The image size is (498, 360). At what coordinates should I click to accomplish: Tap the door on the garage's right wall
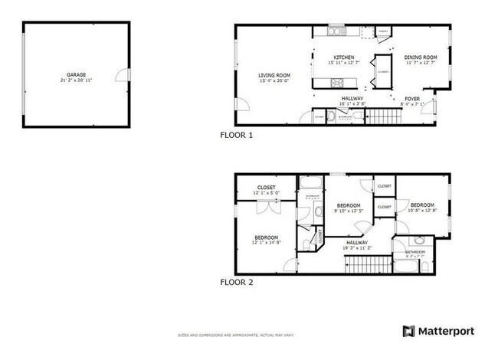120,75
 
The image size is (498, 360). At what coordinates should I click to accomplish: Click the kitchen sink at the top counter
336,32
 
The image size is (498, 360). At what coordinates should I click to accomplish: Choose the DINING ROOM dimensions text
420,64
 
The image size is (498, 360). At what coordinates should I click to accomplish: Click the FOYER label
412,99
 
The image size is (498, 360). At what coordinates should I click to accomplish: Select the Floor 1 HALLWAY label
352,99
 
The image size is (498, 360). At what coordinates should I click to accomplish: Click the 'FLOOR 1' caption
236,135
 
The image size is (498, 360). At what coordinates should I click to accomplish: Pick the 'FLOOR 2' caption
236,282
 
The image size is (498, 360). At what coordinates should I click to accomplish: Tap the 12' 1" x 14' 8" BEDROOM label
266,241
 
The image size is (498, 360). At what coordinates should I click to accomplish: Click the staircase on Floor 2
362,265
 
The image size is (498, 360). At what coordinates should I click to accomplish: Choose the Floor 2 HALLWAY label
358,244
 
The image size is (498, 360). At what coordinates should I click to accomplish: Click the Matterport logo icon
408,331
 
